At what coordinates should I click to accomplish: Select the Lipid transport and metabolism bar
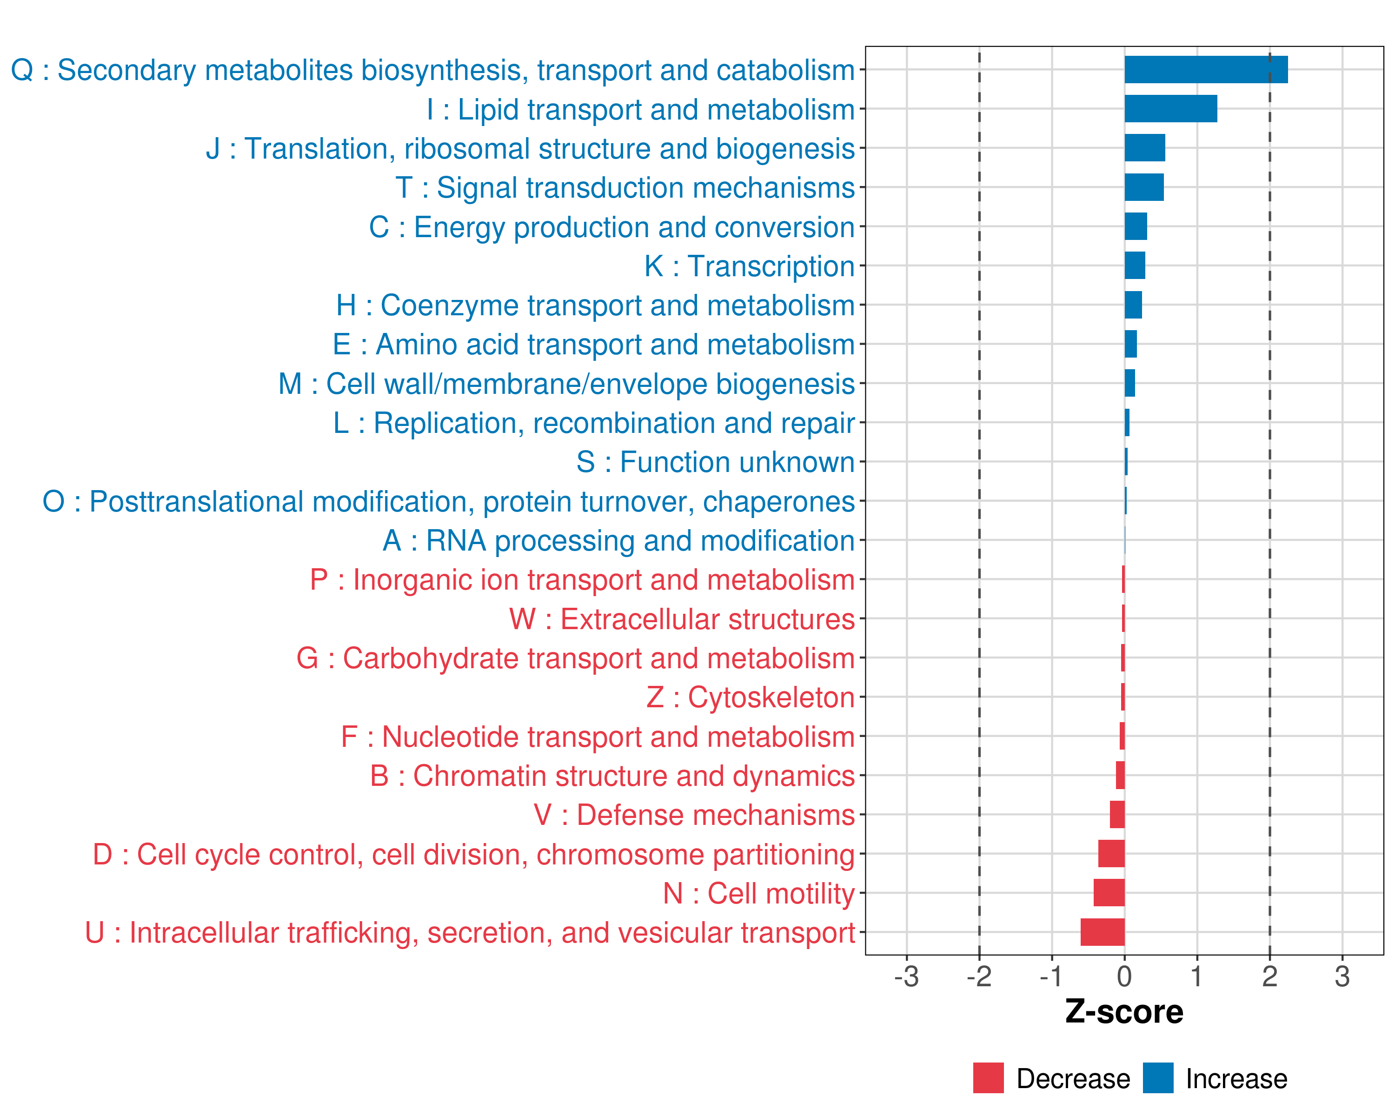coord(1170,109)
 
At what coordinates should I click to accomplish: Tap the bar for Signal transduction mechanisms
coord(1143,187)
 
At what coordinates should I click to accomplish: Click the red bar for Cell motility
coord(1109,893)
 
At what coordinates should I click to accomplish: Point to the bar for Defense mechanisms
coord(1117,815)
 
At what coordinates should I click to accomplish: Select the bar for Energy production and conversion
coord(1136,226)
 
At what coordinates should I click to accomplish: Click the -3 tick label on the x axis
coord(906,976)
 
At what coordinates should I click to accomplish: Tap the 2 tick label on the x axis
coord(1269,976)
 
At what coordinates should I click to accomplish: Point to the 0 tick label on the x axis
coord(1124,976)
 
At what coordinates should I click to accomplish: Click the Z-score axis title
coord(1124,1012)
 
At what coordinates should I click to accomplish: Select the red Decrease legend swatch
coord(988,1078)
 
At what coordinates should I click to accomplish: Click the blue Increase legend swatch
coord(1157,1078)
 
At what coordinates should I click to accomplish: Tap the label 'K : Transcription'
coord(749,266)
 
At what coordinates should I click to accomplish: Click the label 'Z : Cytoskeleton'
coord(751,697)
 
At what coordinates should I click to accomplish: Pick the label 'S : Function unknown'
coord(716,462)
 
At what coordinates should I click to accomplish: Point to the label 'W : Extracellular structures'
coord(682,619)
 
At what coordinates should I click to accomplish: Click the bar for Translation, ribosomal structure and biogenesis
coord(1145,148)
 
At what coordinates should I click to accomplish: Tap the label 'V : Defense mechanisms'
coord(694,815)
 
